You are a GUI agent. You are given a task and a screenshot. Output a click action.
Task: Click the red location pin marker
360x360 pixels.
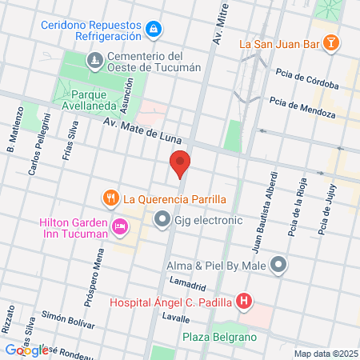point(180,164)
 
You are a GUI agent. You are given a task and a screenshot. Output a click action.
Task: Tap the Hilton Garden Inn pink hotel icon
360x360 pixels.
point(119,227)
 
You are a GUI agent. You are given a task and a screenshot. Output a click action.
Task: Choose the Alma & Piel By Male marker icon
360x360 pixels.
point(278,264)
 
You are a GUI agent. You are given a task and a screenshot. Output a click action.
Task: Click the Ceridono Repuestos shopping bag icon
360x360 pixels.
point(153,30)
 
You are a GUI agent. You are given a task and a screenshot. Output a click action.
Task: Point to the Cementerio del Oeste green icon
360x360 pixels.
point(94,61)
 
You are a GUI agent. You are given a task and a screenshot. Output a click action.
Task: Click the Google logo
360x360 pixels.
point(26,350)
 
